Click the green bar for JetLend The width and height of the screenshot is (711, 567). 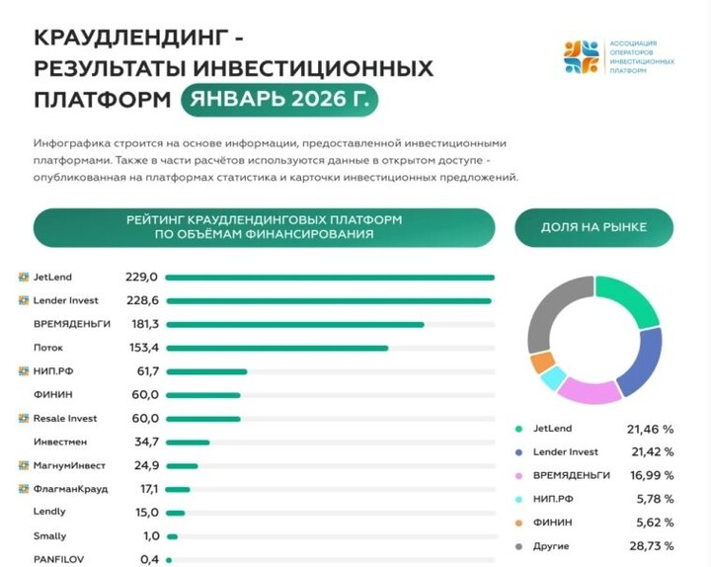(x=330, y=278)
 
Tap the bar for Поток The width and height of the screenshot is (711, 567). (x=276, y=348)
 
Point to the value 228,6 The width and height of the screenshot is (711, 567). (x=142, y=300)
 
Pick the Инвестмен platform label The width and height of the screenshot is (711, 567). (x=61, y=442)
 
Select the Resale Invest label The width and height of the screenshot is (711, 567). (x=65, y=418)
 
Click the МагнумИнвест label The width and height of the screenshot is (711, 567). (x=69, y=465)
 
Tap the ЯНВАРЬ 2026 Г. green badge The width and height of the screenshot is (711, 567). (x=279, y=100)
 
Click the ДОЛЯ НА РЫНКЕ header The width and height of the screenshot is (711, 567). (x=593, y=227)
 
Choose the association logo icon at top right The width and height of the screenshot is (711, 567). (x=582, y=57)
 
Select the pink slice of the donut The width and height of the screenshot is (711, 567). (x=589, y=391)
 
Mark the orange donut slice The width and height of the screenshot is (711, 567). (x=542, y=363)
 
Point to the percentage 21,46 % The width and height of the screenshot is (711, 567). (x=650, y=430)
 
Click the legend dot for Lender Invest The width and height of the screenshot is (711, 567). (x=518, y=452)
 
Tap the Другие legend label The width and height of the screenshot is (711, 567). (x=551, y=546)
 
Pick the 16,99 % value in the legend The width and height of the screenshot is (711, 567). (x=650, y=476)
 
